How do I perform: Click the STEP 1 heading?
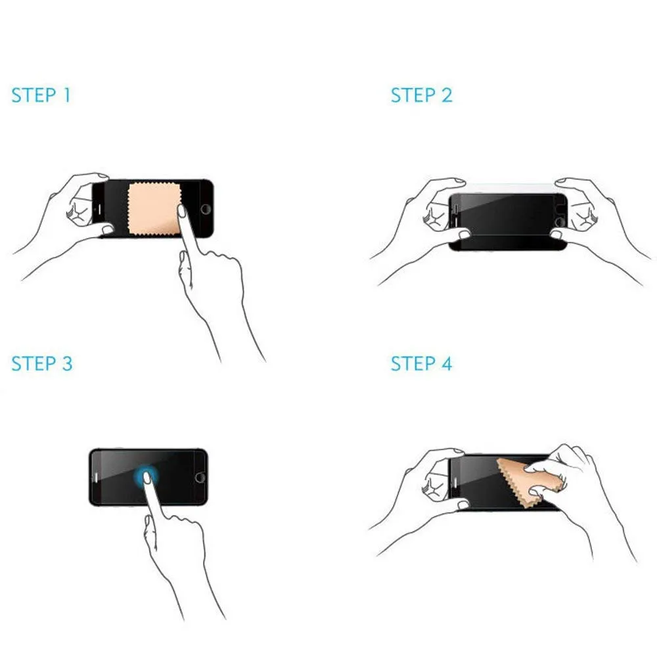pos(41,95)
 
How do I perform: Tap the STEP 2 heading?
pos(422,95)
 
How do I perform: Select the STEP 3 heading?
pos(42,363)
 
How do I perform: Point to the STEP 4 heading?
pos(422,363)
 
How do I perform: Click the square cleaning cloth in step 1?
pos(154,209)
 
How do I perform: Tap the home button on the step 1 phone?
pos(206,209)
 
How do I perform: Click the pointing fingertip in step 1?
pos(182,211)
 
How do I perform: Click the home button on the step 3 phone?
pos(200,477)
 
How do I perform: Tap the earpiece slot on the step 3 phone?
pos(96,477)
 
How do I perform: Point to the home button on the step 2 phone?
pos(560,222)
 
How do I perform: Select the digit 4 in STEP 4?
pos(447,363)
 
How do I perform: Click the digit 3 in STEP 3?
pos(68,363)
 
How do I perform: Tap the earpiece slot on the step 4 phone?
pos(455,483)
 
